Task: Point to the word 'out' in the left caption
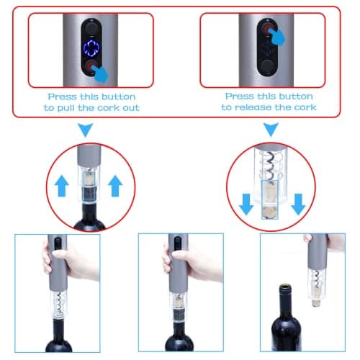129,107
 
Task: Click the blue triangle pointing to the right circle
271,130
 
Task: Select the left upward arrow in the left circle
62,188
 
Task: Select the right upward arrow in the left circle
114,188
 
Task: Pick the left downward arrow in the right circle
246,204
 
